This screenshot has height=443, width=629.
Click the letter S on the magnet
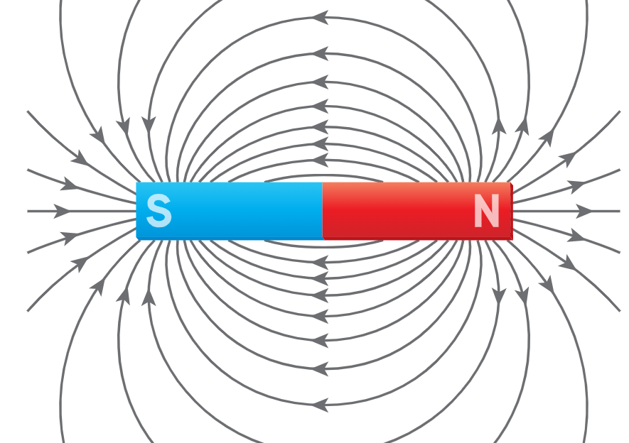click(x=159, y=211)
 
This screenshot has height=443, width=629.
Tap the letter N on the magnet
click(x=487, y=211)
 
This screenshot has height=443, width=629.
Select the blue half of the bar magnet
click(x=230, y=211)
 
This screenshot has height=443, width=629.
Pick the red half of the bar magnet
click(x=418, y=211)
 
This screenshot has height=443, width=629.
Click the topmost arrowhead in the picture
click(x=320, y=18)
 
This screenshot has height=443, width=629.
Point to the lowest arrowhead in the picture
click(x=320, y=405)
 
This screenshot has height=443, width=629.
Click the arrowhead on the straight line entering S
click(x=62, y=211)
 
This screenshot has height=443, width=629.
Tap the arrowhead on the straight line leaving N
click(x=584, y=211)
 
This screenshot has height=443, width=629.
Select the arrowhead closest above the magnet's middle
click(x=320, y=160)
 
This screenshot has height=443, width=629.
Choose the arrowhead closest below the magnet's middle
click(x=320, y=263)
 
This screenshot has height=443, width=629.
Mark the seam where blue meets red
click(x=323, y=211)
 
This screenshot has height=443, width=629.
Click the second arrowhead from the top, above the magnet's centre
click(x=320, y=53)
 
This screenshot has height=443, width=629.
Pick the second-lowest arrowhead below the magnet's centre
click(x=320, y=368)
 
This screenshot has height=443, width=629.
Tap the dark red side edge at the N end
click(x=512, y=211)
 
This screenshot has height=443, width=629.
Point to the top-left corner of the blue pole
click(x=136, y=182)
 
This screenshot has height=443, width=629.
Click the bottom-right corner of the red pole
click(x=512, y=239)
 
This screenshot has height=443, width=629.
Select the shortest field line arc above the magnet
click(x=323, y=177)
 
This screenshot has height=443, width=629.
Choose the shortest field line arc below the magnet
click(x=323, y=245)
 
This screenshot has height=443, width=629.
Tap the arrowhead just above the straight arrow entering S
click(x=69, y=185)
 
